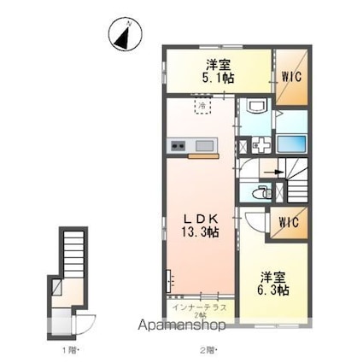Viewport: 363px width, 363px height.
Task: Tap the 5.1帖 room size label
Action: [x=218, y=78]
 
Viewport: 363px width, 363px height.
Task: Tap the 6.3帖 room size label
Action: [x=272, y=291]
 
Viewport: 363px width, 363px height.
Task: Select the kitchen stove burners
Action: [x=177, y=146]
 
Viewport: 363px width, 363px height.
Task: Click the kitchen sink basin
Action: [x=205, y=146]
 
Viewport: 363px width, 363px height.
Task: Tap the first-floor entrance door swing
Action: [x=86, y=324]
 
